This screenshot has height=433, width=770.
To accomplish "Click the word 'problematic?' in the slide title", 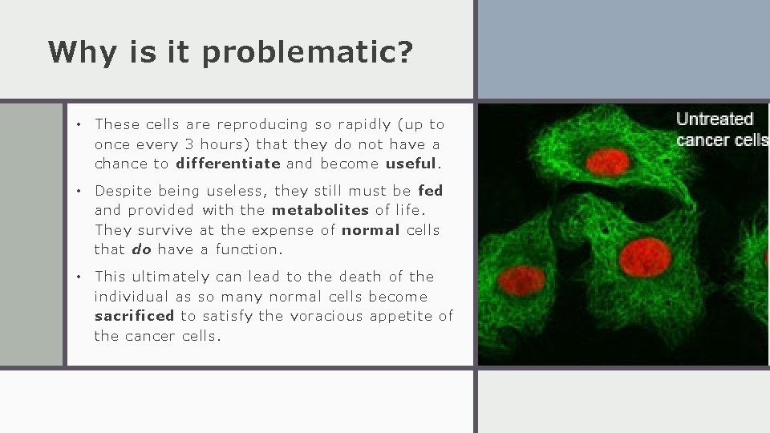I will click(308, 53).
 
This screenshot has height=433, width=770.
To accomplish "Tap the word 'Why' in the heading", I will click(78, 52).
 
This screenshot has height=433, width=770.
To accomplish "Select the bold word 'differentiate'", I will click(228, 164).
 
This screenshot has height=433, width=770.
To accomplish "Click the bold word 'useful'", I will click(411, 164).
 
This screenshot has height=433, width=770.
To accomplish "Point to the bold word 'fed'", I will click(431, 191).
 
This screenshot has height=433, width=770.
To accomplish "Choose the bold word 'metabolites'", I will click(320, 210).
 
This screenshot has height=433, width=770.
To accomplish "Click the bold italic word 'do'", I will click(141, 249).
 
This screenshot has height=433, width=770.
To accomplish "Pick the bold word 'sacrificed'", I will click(134, 316).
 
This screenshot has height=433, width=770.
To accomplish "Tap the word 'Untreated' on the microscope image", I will click(715, 119).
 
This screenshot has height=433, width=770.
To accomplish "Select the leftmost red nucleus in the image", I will click(521, 280).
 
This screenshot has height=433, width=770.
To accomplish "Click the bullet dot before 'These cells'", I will click(78, 125).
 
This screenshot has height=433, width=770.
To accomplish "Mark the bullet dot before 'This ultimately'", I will click(78, 277).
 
